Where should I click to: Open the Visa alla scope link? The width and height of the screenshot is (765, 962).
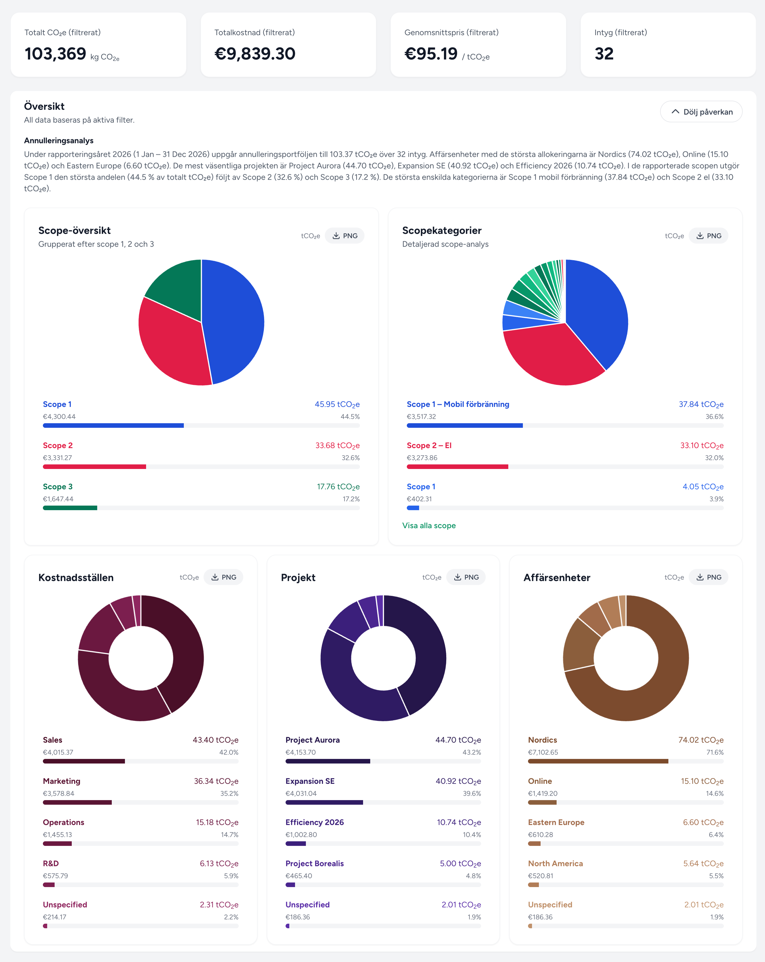coord(429,526)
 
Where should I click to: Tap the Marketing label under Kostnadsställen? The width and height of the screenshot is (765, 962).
coord(61,781)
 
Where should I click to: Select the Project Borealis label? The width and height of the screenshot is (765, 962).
coord(314,863)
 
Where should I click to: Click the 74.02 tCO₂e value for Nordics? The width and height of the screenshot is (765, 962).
coord(701,740)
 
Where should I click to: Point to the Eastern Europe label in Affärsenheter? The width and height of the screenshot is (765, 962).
coord(556,822)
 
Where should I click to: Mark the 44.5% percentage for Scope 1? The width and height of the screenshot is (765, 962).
coord(350,416)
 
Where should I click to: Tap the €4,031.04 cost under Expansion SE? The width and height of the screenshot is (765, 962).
coord(301,793)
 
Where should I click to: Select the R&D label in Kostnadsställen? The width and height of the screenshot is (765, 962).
coord(51,863)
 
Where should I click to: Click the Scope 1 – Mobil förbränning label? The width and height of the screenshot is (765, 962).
coord(458,404)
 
